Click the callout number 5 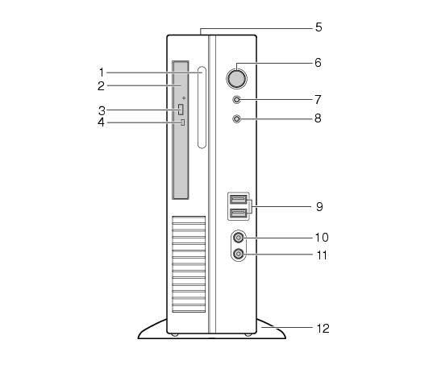(319, 27)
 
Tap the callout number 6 (319, 63)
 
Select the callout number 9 (319, 206)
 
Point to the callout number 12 (323, 329)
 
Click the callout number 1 (102, 72)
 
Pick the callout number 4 (101, 122)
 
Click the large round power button (237, 79)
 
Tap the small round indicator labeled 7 (237, 99)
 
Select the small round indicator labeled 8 (237, 119)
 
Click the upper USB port (239, 199)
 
